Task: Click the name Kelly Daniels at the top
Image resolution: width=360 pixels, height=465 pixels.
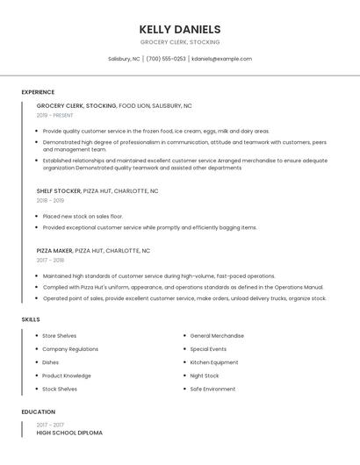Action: coord(180,29)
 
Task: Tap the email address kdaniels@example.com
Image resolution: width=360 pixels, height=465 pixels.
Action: coord(221,59)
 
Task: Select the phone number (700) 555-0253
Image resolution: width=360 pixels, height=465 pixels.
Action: coord(166,59)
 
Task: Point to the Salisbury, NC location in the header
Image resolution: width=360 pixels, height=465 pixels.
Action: coord(124,59)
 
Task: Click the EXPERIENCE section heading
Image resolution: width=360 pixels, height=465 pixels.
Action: coord(38,92)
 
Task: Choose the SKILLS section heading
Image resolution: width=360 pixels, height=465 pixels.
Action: coord(31,319)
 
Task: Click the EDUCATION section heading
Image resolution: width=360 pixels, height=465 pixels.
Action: coord(38,411)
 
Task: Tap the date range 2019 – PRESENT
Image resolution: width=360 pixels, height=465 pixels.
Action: coord(55,115)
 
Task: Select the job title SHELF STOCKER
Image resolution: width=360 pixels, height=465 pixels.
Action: coord(58,190)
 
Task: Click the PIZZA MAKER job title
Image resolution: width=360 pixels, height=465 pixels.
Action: coord(55,250)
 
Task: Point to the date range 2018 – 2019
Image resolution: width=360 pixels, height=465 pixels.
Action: coord(51,200)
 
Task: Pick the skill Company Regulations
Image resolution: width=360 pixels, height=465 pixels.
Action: coord(70,349)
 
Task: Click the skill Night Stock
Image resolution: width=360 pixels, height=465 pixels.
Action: coord(205,376)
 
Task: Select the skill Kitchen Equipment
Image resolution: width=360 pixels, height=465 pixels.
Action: coord(214,362)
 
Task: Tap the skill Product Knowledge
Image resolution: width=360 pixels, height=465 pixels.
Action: coord(67,376)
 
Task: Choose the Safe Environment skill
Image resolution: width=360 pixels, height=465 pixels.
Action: coord(212,389)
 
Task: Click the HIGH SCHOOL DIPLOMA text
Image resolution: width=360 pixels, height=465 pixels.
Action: coord(69,433)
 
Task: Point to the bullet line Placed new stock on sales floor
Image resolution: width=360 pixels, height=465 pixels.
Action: coord(83,216)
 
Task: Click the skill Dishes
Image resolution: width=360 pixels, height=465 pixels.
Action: coord(51,362)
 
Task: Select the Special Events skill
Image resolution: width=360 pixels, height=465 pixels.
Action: coord(208,349)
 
